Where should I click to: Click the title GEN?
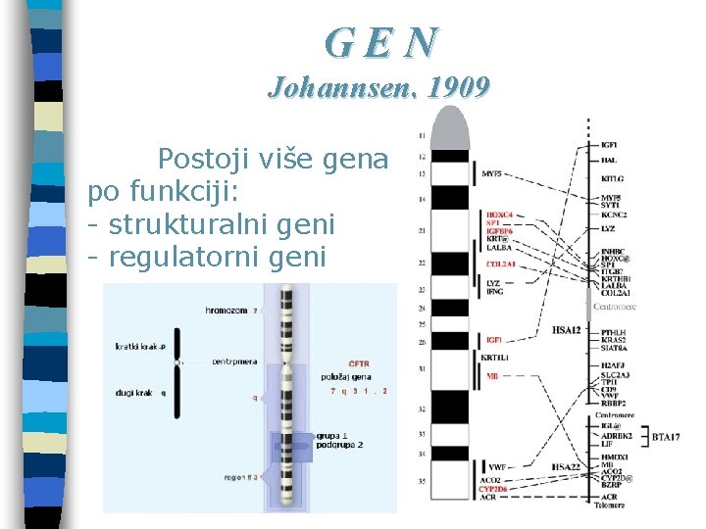[x=382, y=41]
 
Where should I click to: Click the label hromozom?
[x=227, y=310]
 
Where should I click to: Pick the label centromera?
[x=234, y=361]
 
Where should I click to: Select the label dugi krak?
[x=136, y=392]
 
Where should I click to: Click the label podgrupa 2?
[x=339, y=445]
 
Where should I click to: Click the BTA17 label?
[x=666, y=436]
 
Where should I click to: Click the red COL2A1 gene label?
[x=502, y=264]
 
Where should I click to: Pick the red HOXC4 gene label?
[x=500, y=215]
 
